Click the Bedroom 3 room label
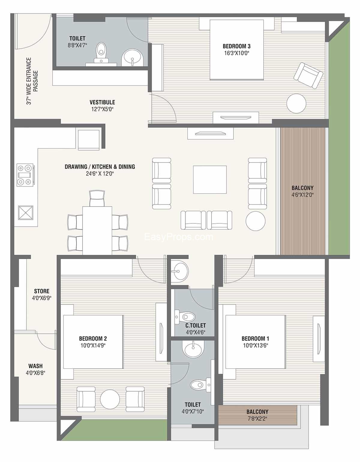pos(236,46)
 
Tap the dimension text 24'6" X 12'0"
pos(100,174)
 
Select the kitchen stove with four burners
pos(25,175)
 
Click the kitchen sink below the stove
pos(25,213)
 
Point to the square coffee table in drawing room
pos(210,180)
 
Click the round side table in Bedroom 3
pos(296,103)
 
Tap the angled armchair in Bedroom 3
pos(308,75)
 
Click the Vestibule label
pos(102,102)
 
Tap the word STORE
pos(42,291)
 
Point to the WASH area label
pos(35,366)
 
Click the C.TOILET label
pos(195,326)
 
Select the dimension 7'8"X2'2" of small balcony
pos(257,419)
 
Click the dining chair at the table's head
pos(97,198)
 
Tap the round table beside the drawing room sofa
pos(255,221)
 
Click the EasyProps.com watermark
pos(178,237)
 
